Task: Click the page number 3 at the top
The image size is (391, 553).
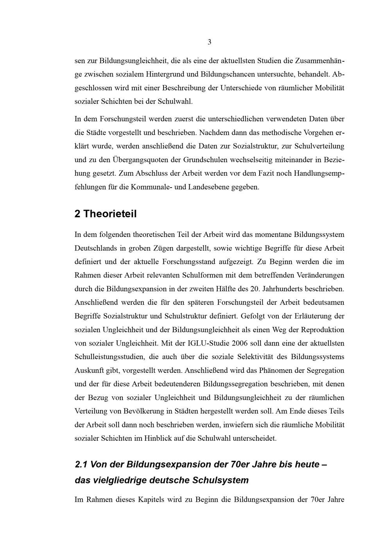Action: (x=210, y=42)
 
